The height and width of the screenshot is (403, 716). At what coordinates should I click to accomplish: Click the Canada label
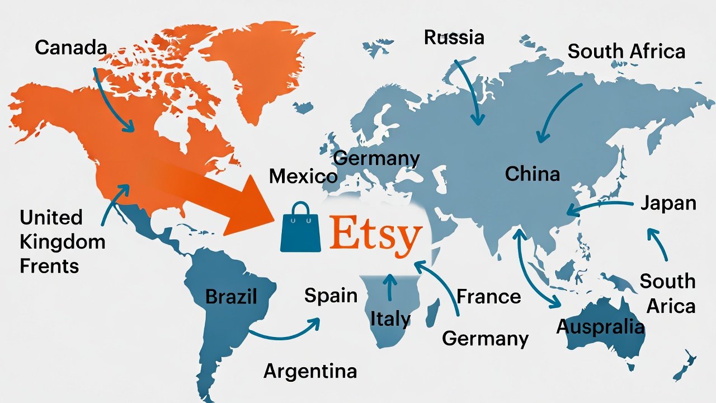tap(70, 48)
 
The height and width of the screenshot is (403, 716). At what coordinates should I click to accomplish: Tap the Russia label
tap(454, 38)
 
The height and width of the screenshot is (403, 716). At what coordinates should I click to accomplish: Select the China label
tap(532, 174)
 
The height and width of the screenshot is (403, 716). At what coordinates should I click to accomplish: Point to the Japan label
tap(668, 203)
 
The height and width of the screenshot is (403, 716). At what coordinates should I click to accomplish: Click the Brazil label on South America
tap(231, 296)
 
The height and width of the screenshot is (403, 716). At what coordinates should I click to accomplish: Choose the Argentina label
tap(310, 371)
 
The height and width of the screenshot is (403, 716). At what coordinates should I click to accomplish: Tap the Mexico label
tap(303, 177)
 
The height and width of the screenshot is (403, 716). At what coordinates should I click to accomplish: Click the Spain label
tap(331, 295)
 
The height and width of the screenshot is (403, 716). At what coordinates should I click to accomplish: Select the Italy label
tap(390, 319)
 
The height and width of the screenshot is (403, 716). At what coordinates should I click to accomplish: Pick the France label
tap(488, 296)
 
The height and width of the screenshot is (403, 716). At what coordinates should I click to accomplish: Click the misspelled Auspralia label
tap(600, 326)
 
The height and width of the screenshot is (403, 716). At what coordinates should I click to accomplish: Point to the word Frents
tap(49, 266)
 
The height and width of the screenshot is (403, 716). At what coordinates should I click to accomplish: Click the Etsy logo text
tap(374, 235)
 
